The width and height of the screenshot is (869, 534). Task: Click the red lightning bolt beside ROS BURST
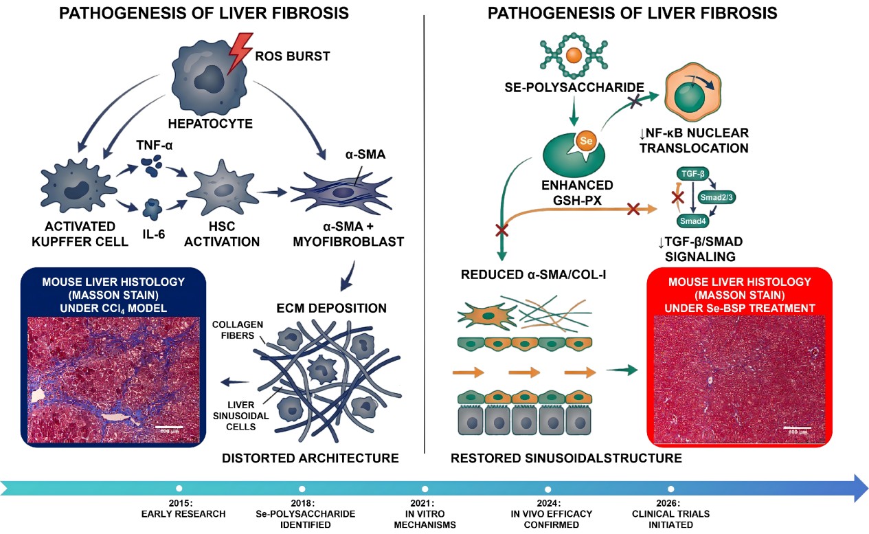tap(240, 54)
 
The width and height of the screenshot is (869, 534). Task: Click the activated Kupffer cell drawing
tap(74, 187)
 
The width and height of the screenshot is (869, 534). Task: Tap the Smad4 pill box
tap(690, 221)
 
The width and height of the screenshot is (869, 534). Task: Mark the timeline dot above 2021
tap(425, 489)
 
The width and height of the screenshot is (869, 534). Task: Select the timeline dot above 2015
tap(179, 489)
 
